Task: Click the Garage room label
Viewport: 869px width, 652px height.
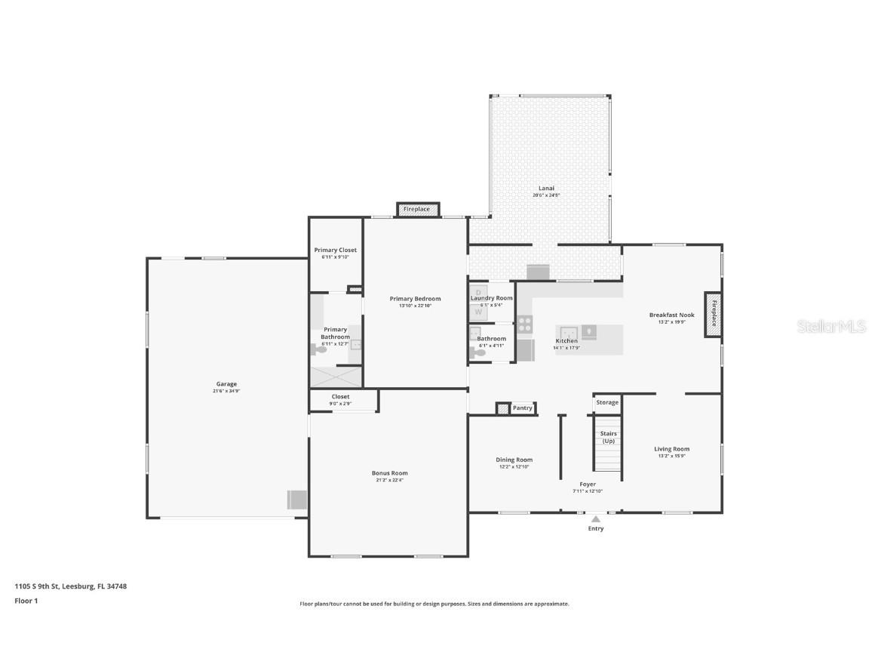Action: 226,384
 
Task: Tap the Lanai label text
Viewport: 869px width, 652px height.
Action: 546,188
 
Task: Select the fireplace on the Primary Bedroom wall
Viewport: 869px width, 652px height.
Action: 417,209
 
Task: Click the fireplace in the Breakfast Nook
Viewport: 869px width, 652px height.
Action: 713,314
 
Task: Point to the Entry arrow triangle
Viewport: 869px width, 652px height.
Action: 596,518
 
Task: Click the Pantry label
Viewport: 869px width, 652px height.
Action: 522,408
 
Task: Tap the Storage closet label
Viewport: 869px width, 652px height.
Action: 607,402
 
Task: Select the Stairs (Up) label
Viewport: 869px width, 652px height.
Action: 608,437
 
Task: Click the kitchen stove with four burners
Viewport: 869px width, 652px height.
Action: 525,324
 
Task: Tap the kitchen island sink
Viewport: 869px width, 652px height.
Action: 567,332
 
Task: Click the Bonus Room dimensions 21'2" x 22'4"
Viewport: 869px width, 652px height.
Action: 389,480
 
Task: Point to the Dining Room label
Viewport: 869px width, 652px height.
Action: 514,460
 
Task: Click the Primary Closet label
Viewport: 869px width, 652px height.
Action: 336,250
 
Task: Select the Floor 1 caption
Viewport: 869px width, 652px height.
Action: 26,601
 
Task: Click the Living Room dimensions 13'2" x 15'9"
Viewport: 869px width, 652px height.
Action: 671,456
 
